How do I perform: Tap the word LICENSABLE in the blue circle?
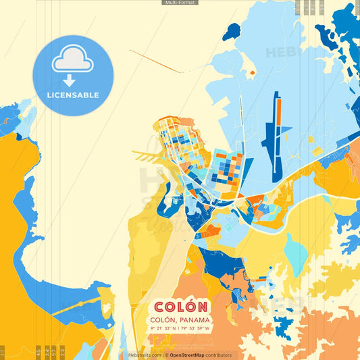pyautogui.click(x=73, y=95)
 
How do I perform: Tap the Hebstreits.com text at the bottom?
pyautogui.click(x=144, y=355)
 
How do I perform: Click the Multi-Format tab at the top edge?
pyautogui.click(x=180, y=3)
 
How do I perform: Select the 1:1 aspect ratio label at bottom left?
pyautogui.click(x=3, y=351)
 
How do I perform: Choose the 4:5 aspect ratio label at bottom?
pyautogui.click(x=38, y=351)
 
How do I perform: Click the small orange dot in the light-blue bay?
pyautogui.click(x=251, y=72)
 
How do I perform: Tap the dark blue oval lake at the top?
pyautogui.click(x=232, y=31)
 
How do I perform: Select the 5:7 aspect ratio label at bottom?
pyautogui.click(x=54, y=351)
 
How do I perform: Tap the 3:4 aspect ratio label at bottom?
pyautogui.click(x=47, y=351)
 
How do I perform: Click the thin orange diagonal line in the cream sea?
pyautogui.click(x=155, y=60)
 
